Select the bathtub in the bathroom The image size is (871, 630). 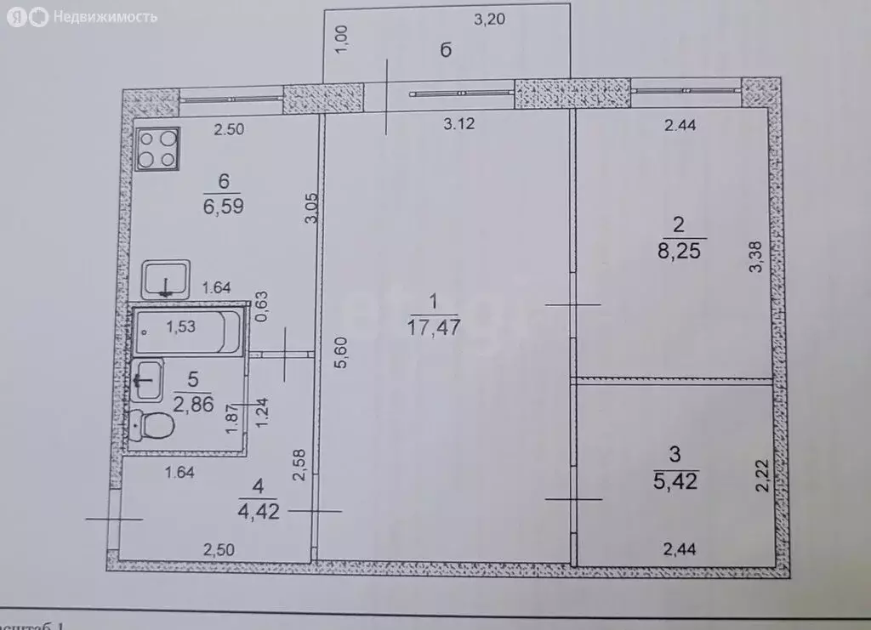pos(189,331)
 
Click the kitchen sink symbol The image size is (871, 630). pos(167,279)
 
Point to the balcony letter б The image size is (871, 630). pos(445,50)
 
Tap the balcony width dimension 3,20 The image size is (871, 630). pos(490,20)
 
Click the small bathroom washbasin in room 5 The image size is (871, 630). pos(149,378)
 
